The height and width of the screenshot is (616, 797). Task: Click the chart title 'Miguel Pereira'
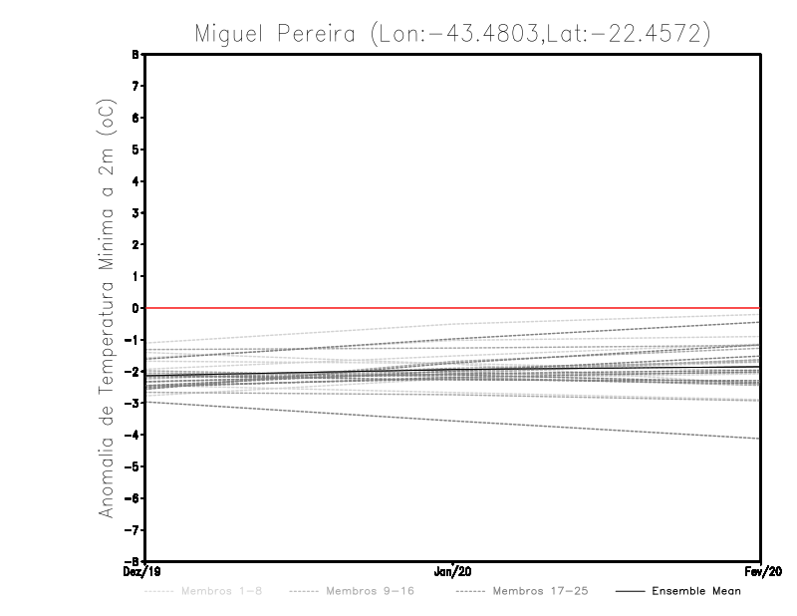pos(276,33)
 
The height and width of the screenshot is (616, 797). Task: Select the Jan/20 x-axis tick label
pos(453,572)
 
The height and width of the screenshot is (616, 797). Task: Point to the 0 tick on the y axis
pos(134,308)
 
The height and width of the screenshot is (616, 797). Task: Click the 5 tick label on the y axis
pos(134,150)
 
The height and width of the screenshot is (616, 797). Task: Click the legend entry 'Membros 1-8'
pos(222,591)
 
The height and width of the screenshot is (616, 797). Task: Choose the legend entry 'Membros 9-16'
pos(370,591)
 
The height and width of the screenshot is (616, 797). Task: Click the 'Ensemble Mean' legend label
pos(695,591)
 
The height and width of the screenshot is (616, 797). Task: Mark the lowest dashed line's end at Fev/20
pos(759,439)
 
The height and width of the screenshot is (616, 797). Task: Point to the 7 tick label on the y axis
pos(134,87)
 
